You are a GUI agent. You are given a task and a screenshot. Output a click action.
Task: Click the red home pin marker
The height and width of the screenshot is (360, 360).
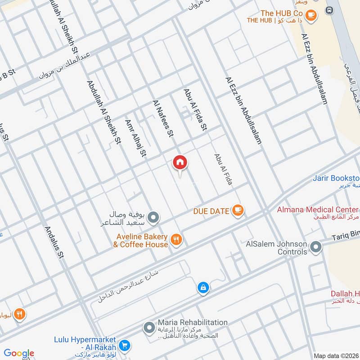click(180, 163)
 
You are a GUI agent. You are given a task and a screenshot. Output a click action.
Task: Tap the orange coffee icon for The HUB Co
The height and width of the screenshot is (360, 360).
click(310, 15)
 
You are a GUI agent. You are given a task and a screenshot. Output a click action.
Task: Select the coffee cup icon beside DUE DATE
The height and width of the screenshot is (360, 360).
click(237, 210)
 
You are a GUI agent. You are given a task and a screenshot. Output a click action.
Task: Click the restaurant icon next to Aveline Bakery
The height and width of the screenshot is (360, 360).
click(176, 240)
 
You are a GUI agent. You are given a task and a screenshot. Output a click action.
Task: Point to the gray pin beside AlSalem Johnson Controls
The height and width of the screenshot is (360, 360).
click(316, 247)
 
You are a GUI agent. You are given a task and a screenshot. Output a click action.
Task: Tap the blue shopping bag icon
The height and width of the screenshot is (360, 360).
click(203, 287)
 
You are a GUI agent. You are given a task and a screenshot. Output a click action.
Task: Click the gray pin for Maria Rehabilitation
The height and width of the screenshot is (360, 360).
click(149, 328)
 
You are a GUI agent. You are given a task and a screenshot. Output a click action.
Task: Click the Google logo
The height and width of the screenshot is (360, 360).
click(19, 353)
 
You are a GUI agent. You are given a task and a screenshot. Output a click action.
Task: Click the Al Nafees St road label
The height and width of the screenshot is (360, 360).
click(163, 118)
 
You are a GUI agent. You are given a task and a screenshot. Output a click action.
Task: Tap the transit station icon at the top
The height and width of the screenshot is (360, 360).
click(329, 10)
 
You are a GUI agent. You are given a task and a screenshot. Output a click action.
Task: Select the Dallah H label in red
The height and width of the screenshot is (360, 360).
click(345, 293)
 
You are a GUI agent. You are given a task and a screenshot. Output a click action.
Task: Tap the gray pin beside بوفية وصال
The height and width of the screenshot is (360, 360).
click(153, 218)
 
